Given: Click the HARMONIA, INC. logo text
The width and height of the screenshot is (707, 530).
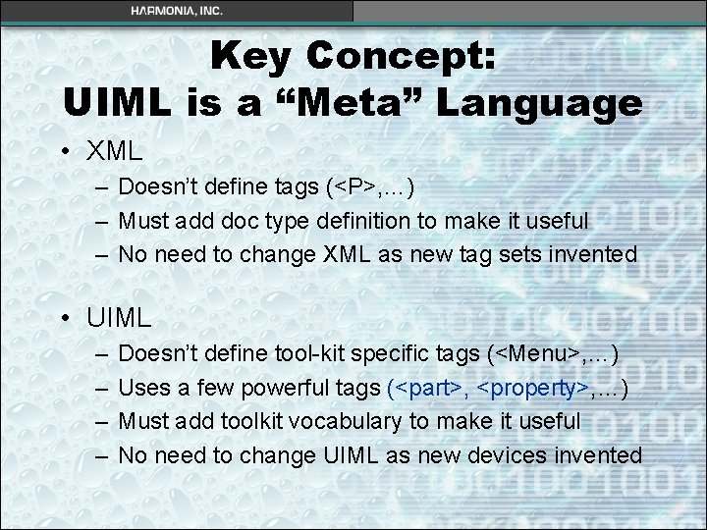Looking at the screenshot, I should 177,10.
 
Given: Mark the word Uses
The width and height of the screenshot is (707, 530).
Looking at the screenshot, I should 143,389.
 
